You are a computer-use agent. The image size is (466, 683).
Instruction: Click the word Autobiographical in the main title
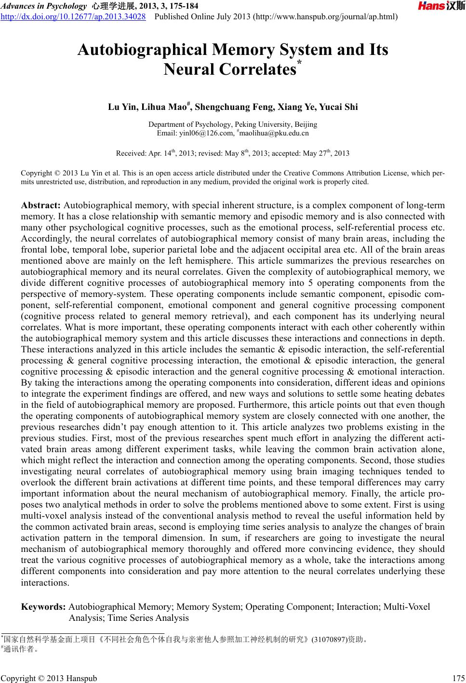[142, 50]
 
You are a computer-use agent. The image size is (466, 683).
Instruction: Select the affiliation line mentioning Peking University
[233, 124]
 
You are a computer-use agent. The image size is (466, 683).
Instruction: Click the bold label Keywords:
[44, 607]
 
